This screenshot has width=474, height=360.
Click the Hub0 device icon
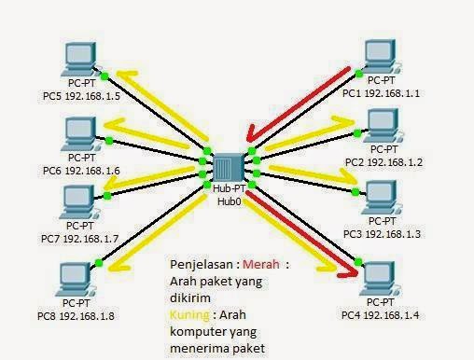point(229,168)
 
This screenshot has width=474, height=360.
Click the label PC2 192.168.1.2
point(383,161)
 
